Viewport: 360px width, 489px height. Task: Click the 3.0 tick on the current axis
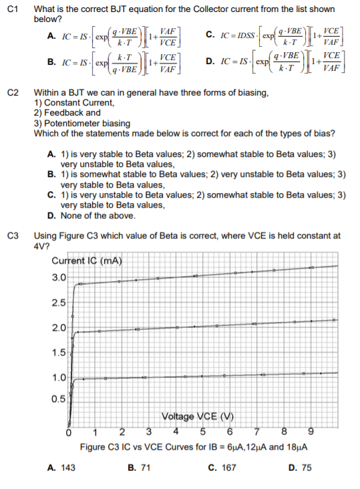point(59,277)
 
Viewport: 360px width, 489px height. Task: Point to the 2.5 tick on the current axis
point(59,303)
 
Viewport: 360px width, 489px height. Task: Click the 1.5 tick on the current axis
point(59,352)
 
